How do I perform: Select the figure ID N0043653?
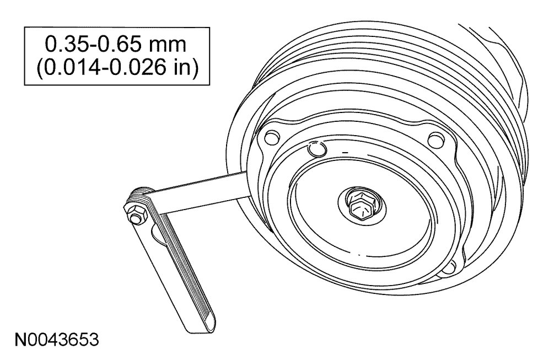click(57, 340)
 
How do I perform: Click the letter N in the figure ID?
click(20, 340)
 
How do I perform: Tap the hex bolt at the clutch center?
click(359, 209)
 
